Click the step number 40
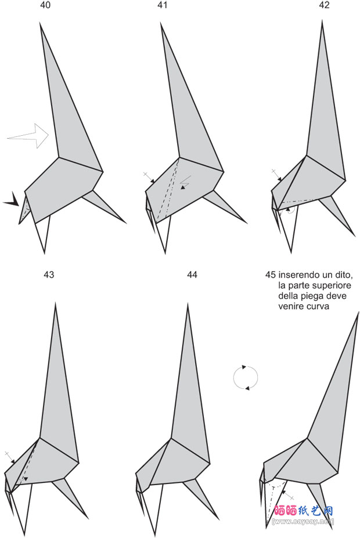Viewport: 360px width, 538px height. (x=45, y=5)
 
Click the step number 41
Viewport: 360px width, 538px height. (x=162, y=5)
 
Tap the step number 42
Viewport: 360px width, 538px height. (x=324, y=5)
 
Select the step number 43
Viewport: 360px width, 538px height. (x=49, y=275)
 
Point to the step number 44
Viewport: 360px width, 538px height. (x=192, y=275)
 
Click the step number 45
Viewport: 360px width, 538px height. (x=271, y=275)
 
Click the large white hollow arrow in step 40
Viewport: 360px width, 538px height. (x=28, y=136)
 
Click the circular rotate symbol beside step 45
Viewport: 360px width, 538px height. (x=246, y=377)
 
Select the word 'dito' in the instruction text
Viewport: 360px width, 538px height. (x=342, y=275)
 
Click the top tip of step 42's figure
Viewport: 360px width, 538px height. (x=322, y=20)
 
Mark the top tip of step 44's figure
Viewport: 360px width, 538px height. (x=188, y=304)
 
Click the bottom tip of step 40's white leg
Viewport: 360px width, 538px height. (x=45, y=253)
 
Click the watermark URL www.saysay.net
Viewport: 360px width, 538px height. (x=303, y=522)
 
